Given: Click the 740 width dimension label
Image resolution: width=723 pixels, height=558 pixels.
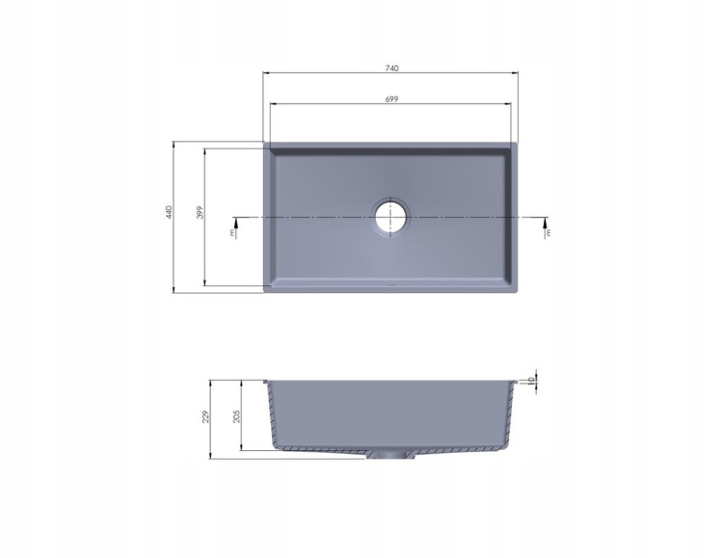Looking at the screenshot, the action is point(391,68).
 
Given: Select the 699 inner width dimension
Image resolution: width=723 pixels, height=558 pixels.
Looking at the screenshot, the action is point(391,98).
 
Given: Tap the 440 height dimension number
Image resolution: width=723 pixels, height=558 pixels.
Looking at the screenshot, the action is point(169,212).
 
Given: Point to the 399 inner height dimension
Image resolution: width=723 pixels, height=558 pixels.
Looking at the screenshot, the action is point(200,212).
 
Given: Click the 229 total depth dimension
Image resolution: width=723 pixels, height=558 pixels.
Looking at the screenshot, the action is point(206,416).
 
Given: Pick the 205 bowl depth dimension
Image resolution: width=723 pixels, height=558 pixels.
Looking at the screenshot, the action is point(237,416).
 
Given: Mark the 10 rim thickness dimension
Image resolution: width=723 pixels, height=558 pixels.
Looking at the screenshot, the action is point(531,380).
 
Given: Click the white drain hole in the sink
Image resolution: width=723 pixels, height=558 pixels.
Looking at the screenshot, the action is point(391,217).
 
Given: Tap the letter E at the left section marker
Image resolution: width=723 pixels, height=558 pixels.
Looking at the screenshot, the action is point(232,233).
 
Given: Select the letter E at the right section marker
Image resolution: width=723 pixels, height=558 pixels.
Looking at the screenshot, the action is point(549,233).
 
